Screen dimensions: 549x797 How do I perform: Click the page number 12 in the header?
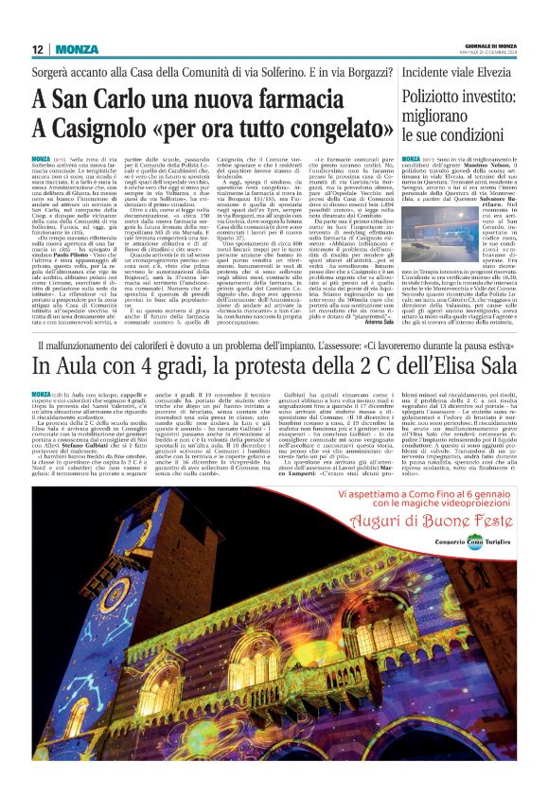tap(37, 49)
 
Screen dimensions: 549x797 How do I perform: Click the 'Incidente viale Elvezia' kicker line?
tap(458, 73)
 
